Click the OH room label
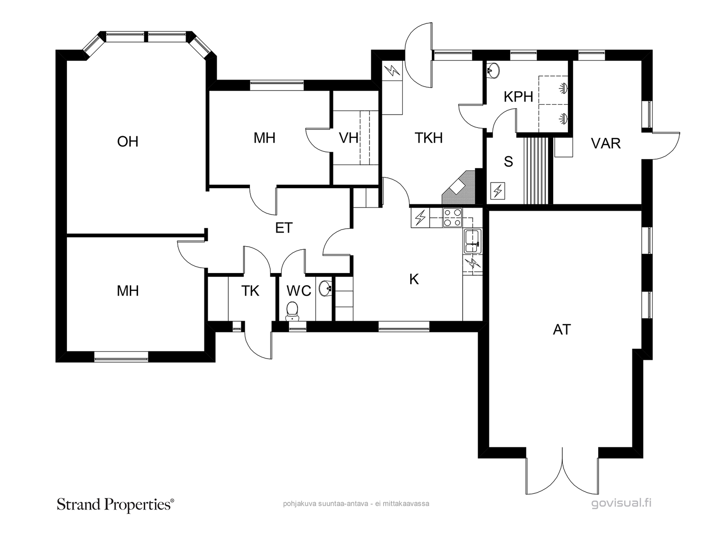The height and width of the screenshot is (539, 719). [x=128, y=141]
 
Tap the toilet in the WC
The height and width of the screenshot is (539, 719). [x=292, y=312]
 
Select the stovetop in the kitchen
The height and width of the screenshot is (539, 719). [x=453, y=218]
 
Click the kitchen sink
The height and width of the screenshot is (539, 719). [x=472, y=241]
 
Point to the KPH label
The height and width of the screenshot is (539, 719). [x=518, y=97]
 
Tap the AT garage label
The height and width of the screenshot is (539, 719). [x=562, y=330]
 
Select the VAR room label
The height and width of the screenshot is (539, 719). [x=606, y=144]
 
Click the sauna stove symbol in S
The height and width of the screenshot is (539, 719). [x=497, y=191]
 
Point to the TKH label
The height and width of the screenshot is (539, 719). [x=428, y=138]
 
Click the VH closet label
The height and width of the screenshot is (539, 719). [x=348, y=138]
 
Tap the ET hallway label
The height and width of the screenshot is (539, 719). [x=284, y=228]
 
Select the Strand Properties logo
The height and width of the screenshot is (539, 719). [x=115, y=504]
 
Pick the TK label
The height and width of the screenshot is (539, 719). [x=250, y=291]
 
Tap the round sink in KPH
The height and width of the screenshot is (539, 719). [x=493, y=70]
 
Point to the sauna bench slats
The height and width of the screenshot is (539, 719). [x=536, y=171]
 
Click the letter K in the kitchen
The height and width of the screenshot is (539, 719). [x=414, y=279]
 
